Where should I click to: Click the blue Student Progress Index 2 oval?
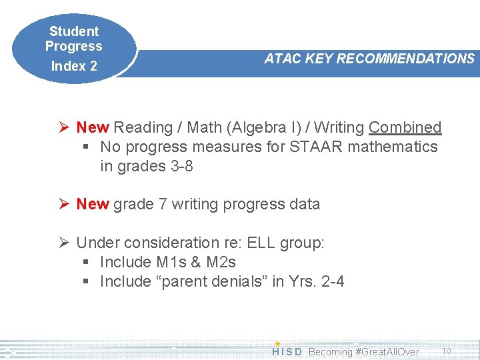[73, 48]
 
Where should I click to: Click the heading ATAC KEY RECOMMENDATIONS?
[369, 59]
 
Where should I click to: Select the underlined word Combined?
[405, 127]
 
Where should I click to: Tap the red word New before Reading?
[93, 127]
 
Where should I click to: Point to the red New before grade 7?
[93, 204]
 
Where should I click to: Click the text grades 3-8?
[147, 166]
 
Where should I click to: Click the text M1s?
[172, 262]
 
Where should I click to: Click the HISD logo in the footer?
[287, 351]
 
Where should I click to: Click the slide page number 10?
[447, 351]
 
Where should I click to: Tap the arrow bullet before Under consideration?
[65, 243]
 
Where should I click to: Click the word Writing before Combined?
[339, 127]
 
